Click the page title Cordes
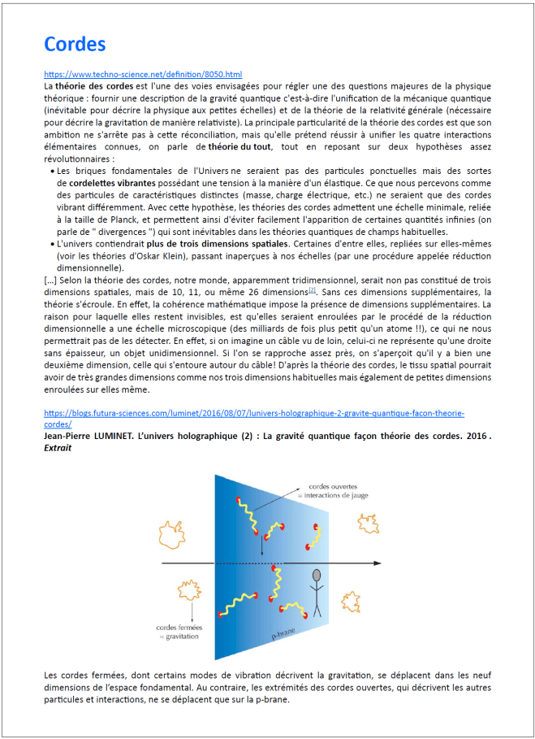click(75, 44)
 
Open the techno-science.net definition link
click(143, 74)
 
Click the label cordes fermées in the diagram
click(181, 627)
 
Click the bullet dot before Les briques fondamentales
click(53, 172)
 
